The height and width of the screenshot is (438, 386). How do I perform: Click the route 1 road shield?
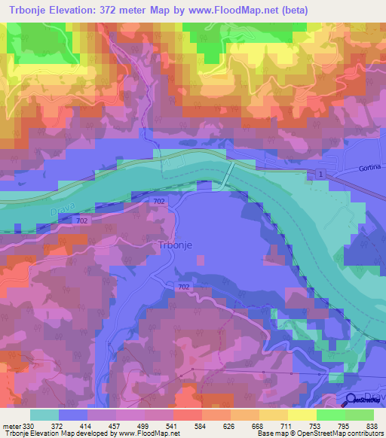[x=322, y=175]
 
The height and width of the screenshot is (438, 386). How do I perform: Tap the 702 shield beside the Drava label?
[x=84, y=221]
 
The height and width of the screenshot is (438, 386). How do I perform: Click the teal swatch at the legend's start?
[x=44, y=415]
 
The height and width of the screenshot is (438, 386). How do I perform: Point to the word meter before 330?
[x=12, y=425]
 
